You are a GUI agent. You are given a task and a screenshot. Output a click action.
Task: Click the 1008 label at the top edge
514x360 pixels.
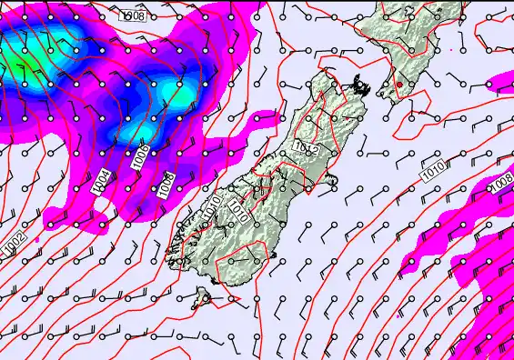click(135, 15)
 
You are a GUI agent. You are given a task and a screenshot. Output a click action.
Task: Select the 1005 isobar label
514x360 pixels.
click(139, 155)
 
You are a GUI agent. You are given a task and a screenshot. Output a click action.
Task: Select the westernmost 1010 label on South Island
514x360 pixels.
click(211, 207)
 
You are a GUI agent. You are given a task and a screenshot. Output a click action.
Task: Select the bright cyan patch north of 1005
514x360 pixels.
click(175, 93)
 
